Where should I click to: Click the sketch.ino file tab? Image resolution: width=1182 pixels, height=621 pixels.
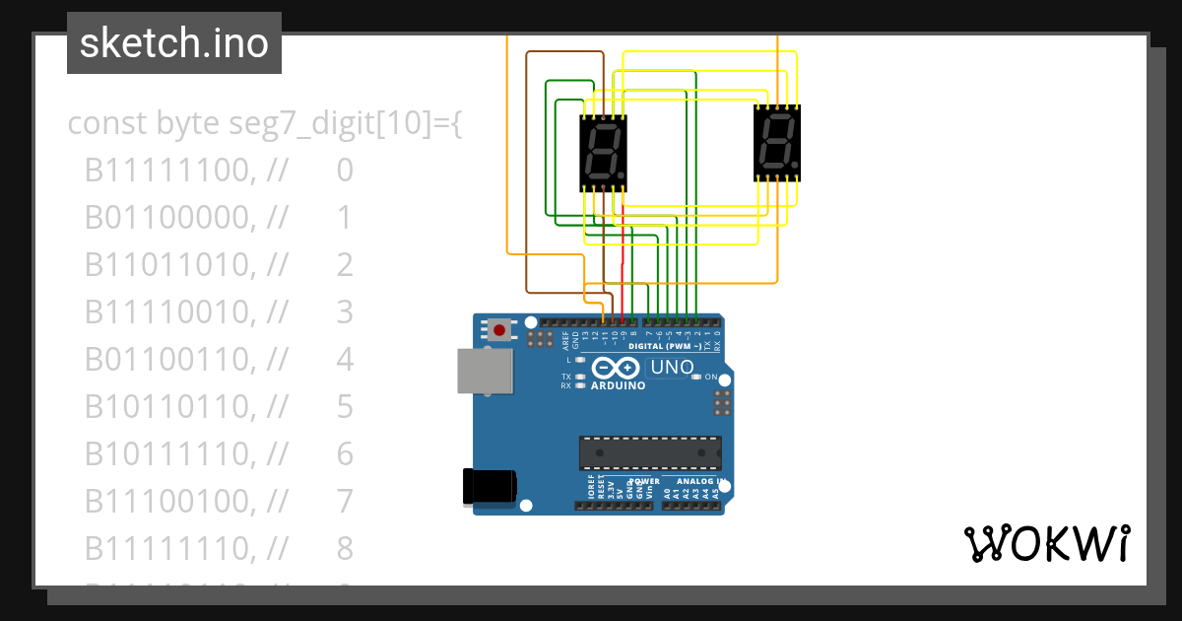[174, 43]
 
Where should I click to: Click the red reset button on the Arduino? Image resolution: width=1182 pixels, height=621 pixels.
[499, 330]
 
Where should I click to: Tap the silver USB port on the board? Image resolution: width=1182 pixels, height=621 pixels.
[485, 372]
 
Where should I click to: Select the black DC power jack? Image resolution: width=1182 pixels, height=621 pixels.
[490, 487]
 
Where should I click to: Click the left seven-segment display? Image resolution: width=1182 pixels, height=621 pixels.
[603, 152]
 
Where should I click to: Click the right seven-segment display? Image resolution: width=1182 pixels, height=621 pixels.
[777, 143]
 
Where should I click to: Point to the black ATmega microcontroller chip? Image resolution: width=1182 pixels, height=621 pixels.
[650, 452]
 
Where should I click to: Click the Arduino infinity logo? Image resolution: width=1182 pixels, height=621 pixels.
[616, 369]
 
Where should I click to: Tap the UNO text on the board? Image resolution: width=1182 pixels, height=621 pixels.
[672, 368]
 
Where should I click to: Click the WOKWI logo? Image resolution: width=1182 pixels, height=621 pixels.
[1046, 543]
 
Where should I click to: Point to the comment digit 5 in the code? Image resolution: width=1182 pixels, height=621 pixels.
[345, 406]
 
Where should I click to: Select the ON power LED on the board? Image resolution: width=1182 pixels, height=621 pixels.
[696, 377]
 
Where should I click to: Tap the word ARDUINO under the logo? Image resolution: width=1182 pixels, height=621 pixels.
[618, 385]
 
